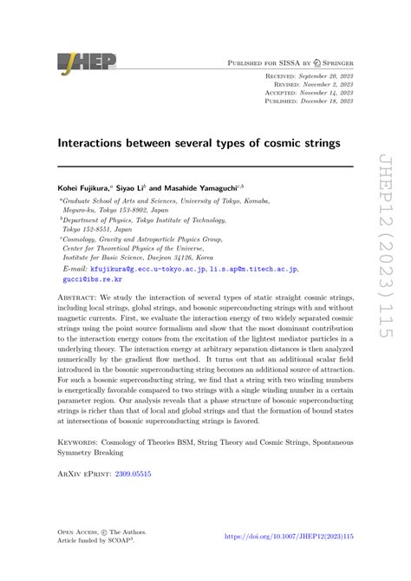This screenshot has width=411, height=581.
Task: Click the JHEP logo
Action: coord(86,62)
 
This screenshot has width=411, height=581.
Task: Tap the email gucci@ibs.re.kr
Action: coord(88,280)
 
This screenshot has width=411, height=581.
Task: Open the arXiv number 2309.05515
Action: coord(138,474)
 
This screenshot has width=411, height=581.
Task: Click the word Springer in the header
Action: coord(331,62)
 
